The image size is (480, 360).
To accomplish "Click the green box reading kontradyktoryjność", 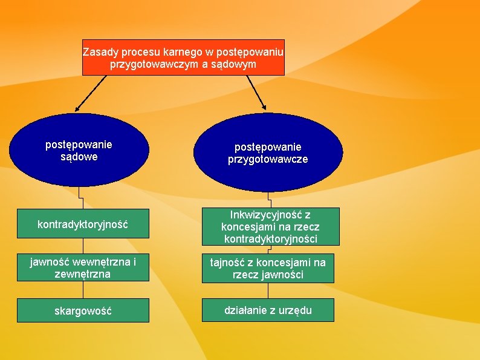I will pos(83,224).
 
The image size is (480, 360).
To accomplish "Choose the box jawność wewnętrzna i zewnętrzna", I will pos(83,268).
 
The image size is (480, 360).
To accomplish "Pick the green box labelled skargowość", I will pos(83,310).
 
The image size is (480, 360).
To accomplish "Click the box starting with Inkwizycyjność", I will pos(270,227).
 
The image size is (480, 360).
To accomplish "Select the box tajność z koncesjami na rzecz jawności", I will pos(268,269).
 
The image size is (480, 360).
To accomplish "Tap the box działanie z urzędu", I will pos(268,310).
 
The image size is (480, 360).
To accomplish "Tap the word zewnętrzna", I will pos(83,274).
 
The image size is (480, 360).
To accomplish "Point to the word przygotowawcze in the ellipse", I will pos(268,159).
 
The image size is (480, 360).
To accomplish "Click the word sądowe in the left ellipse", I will pos(79,157).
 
